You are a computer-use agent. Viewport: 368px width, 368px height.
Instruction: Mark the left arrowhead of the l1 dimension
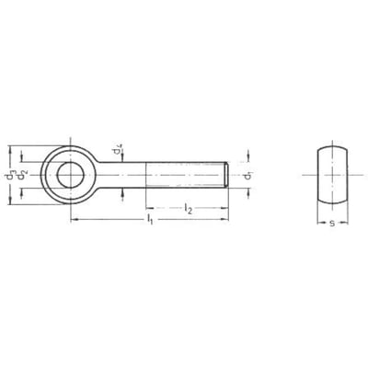(72, 220)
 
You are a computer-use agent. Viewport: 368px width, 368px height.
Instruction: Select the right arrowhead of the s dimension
(343, 221)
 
